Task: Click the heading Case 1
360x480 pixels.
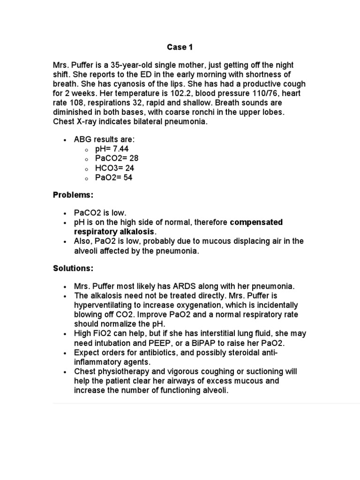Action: tap(180, 47)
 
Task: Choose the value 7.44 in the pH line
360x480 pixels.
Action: tap(118, 149)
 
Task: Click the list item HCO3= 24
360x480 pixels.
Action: tap(115, 168)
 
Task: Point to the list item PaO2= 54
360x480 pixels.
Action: tap(113, 178)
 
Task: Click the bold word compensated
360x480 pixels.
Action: tap(256, 222)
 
